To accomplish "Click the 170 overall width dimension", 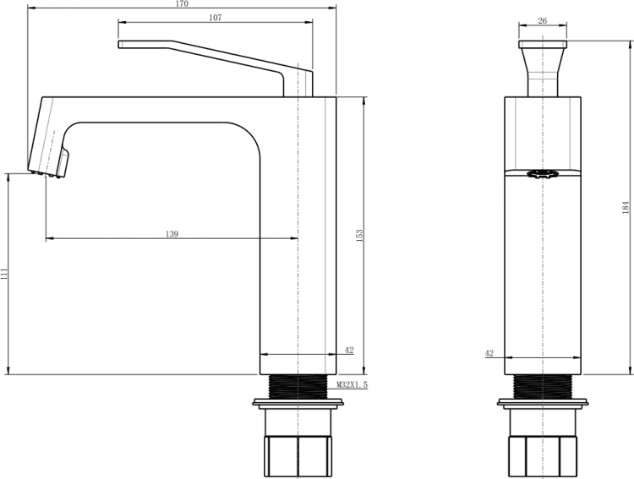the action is point(183,4).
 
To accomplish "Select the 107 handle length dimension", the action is point(216,18).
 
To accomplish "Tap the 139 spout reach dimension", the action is point(172,234).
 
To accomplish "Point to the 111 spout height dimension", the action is point(4,274).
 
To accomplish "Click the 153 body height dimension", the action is point(359,236).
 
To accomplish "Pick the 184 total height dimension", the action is point(626,207).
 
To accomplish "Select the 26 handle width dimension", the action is point(543,20).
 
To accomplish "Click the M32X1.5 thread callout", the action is point(353,385).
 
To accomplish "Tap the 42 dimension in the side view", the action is point(489,353).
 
